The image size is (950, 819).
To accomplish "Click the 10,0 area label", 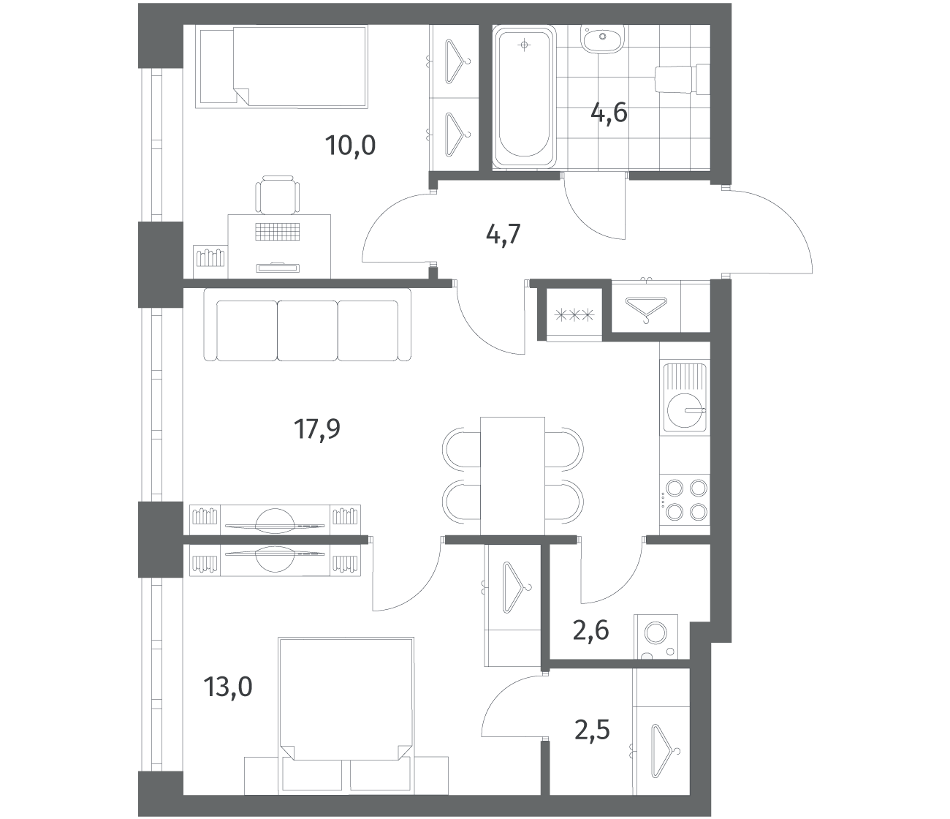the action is click(350, 146).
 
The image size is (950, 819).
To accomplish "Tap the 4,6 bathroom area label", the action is click(609, 113).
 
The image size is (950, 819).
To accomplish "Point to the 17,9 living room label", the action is click(317, 429).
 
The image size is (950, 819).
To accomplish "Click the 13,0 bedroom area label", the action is click(228, 687).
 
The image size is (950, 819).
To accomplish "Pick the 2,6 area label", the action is click(590, 630).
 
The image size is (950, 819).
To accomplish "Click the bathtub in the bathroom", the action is click(524, 97).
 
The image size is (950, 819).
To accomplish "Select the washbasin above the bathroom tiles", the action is click(603, 38).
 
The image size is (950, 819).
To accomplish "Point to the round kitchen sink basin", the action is click(685, 411).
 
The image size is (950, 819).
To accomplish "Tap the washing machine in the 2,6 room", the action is click(655, 636).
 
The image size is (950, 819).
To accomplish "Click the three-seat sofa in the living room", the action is click(307, 325).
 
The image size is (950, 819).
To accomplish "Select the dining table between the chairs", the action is click(512, 476).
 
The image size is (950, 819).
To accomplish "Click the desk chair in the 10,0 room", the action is click(277, 195).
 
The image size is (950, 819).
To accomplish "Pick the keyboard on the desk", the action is click(277, 232).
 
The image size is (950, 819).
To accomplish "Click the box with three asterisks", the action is click(574, 315).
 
